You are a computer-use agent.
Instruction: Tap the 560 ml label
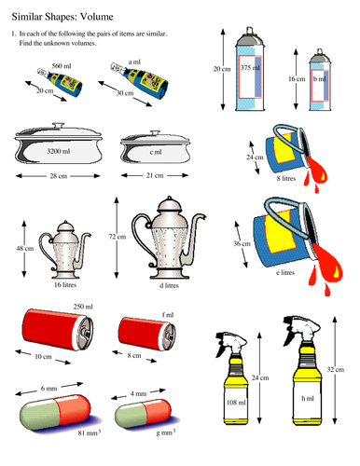point(62,67)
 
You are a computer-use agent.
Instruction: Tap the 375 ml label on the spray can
point(249,68)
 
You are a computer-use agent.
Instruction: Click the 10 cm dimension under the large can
point(44,356)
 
